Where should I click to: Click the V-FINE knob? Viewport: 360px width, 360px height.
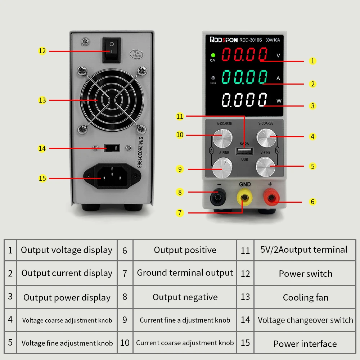coord(266,166)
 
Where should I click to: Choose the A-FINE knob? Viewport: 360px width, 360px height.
coord(221,168)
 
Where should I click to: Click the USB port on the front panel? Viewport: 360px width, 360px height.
coord(244,150)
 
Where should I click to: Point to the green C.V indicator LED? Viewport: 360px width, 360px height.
coord(213,55)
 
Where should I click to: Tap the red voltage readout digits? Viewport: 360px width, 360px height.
coord(244,55)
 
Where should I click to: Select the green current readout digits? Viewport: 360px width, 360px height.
coord(244,77)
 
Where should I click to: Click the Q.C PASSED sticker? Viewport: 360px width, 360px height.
coord(136,54)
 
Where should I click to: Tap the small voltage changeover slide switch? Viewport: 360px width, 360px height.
coord(111,148)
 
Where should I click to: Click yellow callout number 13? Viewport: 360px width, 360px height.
coord(42,100)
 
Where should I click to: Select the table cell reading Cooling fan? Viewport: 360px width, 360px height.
coord(306,297)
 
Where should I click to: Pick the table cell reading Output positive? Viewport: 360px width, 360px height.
coord(185,250)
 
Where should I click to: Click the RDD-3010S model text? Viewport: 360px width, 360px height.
coord(251,40)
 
